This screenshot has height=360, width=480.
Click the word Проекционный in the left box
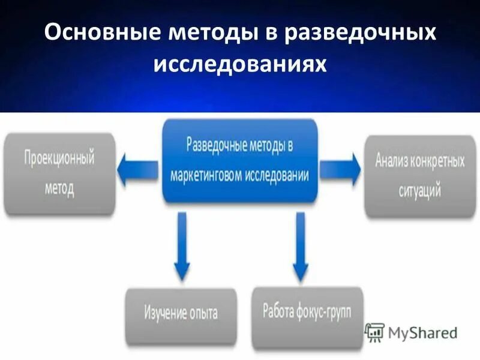coord(59,160)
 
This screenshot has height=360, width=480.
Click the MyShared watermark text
coord(424,332)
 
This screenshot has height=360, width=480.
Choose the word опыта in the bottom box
coord(200,313)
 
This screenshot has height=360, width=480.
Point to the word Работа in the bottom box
coord(278,311)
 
